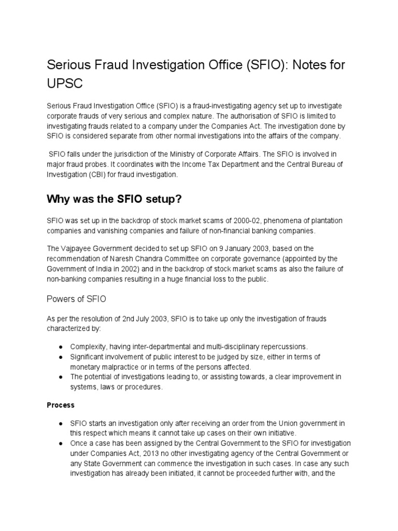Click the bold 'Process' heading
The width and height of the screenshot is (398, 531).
pos(61,405)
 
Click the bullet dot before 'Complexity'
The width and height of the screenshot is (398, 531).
pos(61,346)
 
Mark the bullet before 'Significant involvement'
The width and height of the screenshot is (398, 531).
pos(61,357)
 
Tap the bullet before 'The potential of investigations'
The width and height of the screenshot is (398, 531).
pos(61,377)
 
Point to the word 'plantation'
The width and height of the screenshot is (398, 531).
pos(325,221)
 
